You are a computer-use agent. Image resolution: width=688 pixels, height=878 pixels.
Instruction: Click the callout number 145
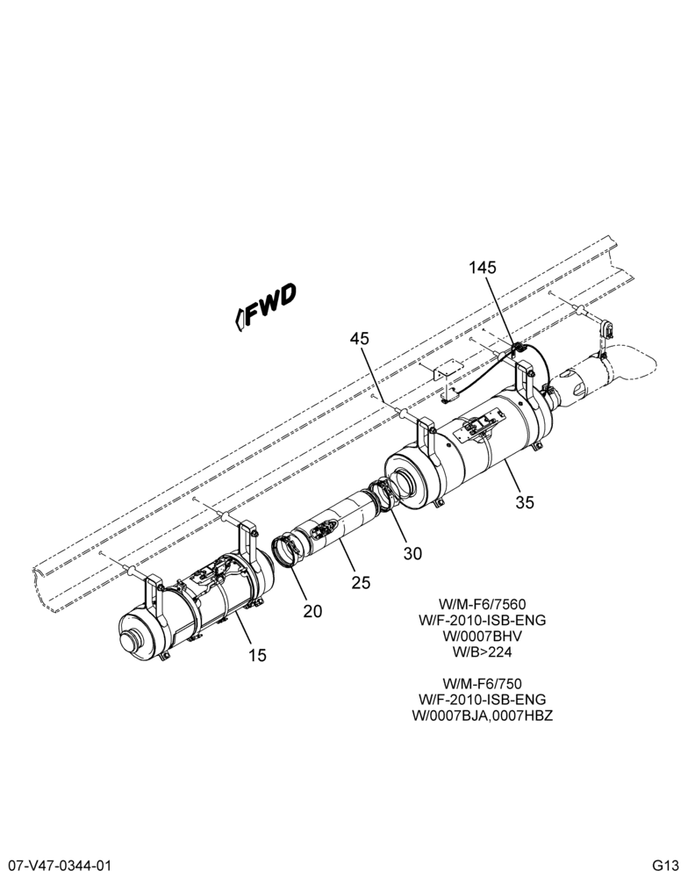483,268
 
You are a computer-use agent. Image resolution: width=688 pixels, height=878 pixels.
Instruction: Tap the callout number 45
360,339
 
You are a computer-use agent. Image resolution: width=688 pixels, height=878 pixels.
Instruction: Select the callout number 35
525,502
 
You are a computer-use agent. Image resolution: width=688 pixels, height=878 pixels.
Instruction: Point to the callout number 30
412,553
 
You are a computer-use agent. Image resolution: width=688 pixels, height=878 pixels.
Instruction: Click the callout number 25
361,583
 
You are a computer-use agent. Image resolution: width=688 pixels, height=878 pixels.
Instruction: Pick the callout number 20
313,611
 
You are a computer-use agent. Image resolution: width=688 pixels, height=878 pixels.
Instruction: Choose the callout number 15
257,655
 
